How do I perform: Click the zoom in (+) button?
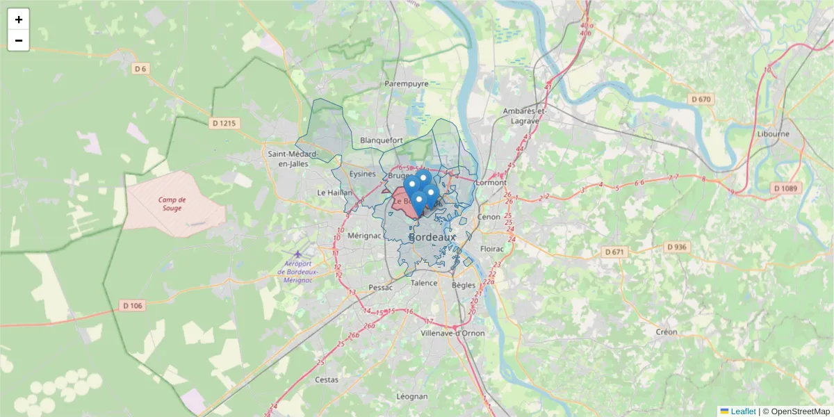click(19, 19)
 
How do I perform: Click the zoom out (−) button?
click(19, 40)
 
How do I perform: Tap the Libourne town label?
click(773, 134)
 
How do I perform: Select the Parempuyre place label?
click(407, 83)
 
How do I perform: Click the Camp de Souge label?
click(171, 204)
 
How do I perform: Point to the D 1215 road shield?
click(223, 123)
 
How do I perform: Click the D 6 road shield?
click(141, 69)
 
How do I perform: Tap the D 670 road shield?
click(701, 99)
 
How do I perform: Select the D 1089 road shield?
click(787, 188)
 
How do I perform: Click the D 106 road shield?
click(133, 305)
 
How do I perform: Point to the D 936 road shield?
click(676, 247)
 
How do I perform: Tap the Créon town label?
click(667, 332)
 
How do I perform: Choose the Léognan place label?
click(412, 396)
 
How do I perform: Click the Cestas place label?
click(327, 379)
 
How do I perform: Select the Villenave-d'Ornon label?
click(453, 333)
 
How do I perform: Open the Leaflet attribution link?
click(743, 411)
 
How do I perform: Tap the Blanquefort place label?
click(382, 140)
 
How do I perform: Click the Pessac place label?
click(381, 287)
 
